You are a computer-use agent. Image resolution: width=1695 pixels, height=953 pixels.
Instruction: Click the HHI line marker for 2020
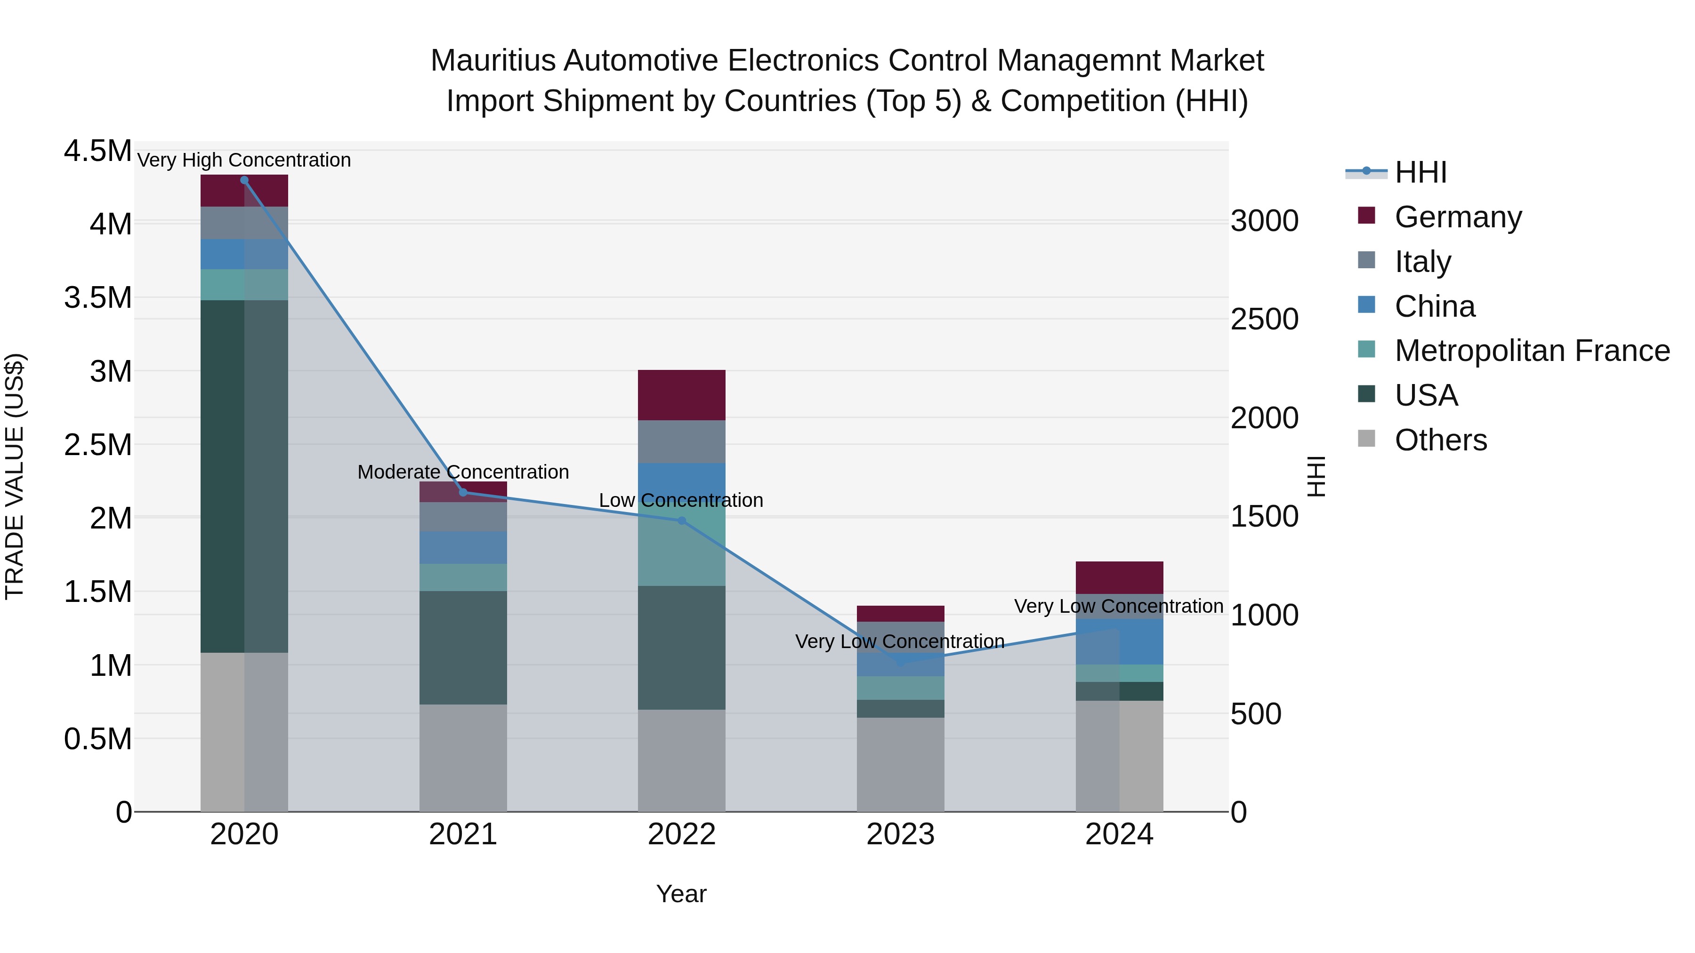[244, 180]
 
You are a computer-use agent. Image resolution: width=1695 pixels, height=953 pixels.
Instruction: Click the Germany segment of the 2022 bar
[682, 395]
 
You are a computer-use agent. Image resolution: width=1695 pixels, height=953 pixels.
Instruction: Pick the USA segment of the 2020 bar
[244, 477]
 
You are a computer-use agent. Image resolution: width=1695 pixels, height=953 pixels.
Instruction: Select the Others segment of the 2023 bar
[900, 764]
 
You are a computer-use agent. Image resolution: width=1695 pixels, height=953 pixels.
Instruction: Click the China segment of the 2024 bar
[1119, 642]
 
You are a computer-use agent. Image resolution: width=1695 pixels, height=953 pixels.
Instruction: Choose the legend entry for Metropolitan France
[1531, 351]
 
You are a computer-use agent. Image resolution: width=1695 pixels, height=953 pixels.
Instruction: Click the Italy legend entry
[1422, 262]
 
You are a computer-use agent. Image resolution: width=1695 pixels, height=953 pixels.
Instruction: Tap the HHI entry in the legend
[1420, 172]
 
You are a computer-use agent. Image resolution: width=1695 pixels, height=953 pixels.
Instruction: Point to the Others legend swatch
[1367, 439]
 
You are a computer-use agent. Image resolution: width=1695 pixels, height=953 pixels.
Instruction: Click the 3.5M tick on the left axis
[97, 298]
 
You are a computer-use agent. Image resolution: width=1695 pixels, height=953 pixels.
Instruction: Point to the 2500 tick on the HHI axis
[1264, 320]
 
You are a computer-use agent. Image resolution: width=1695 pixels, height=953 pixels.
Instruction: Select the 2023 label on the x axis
[900, 834]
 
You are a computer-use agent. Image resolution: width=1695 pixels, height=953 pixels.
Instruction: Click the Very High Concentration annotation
[244, 160]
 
